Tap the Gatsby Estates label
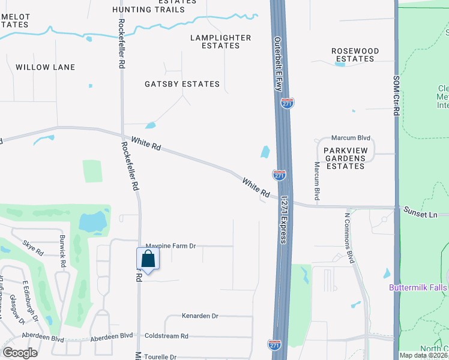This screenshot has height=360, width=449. tap(182, 84)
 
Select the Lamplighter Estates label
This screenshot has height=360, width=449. tap(220, 41)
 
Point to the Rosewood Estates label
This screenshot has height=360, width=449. tap(355, 55)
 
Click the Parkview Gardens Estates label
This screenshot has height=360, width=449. tap(345, 158)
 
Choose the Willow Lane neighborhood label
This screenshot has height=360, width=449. tap(46, 67)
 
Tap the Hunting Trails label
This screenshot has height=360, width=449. tap(148, 10)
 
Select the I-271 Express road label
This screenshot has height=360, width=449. tap(285, 218)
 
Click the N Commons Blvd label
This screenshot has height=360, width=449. tap(348, 236)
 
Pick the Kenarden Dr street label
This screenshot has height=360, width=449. tap(200, 316)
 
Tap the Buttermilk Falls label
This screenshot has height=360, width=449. tap(418, 287)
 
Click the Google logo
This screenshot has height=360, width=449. tap(20, 353)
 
